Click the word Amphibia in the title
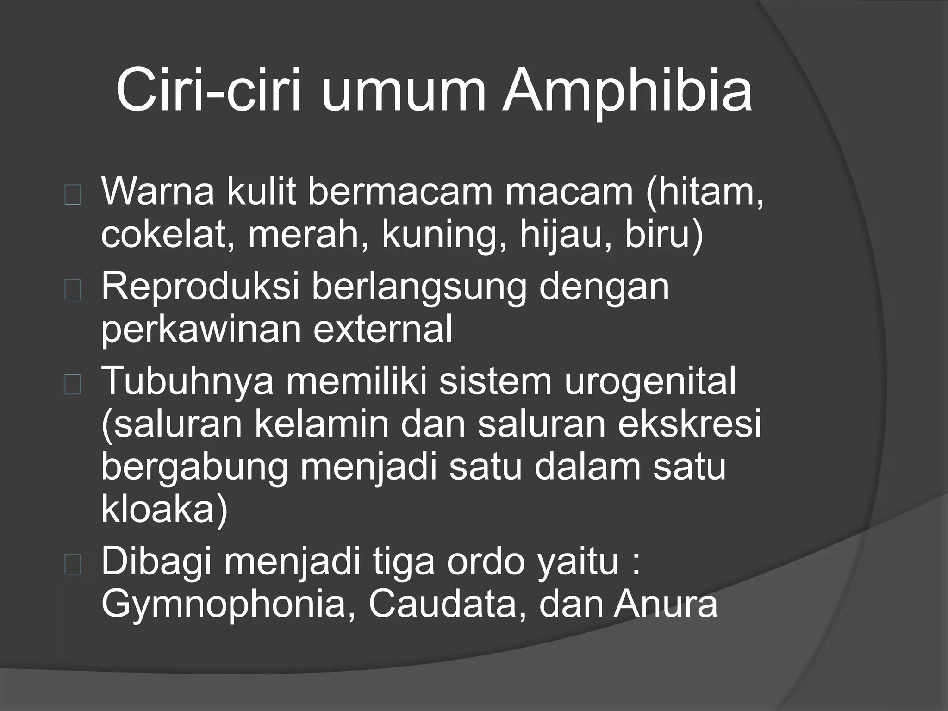[627, 91]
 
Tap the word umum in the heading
[403, 91]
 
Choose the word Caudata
[442, 604]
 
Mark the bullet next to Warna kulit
[73, 196]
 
